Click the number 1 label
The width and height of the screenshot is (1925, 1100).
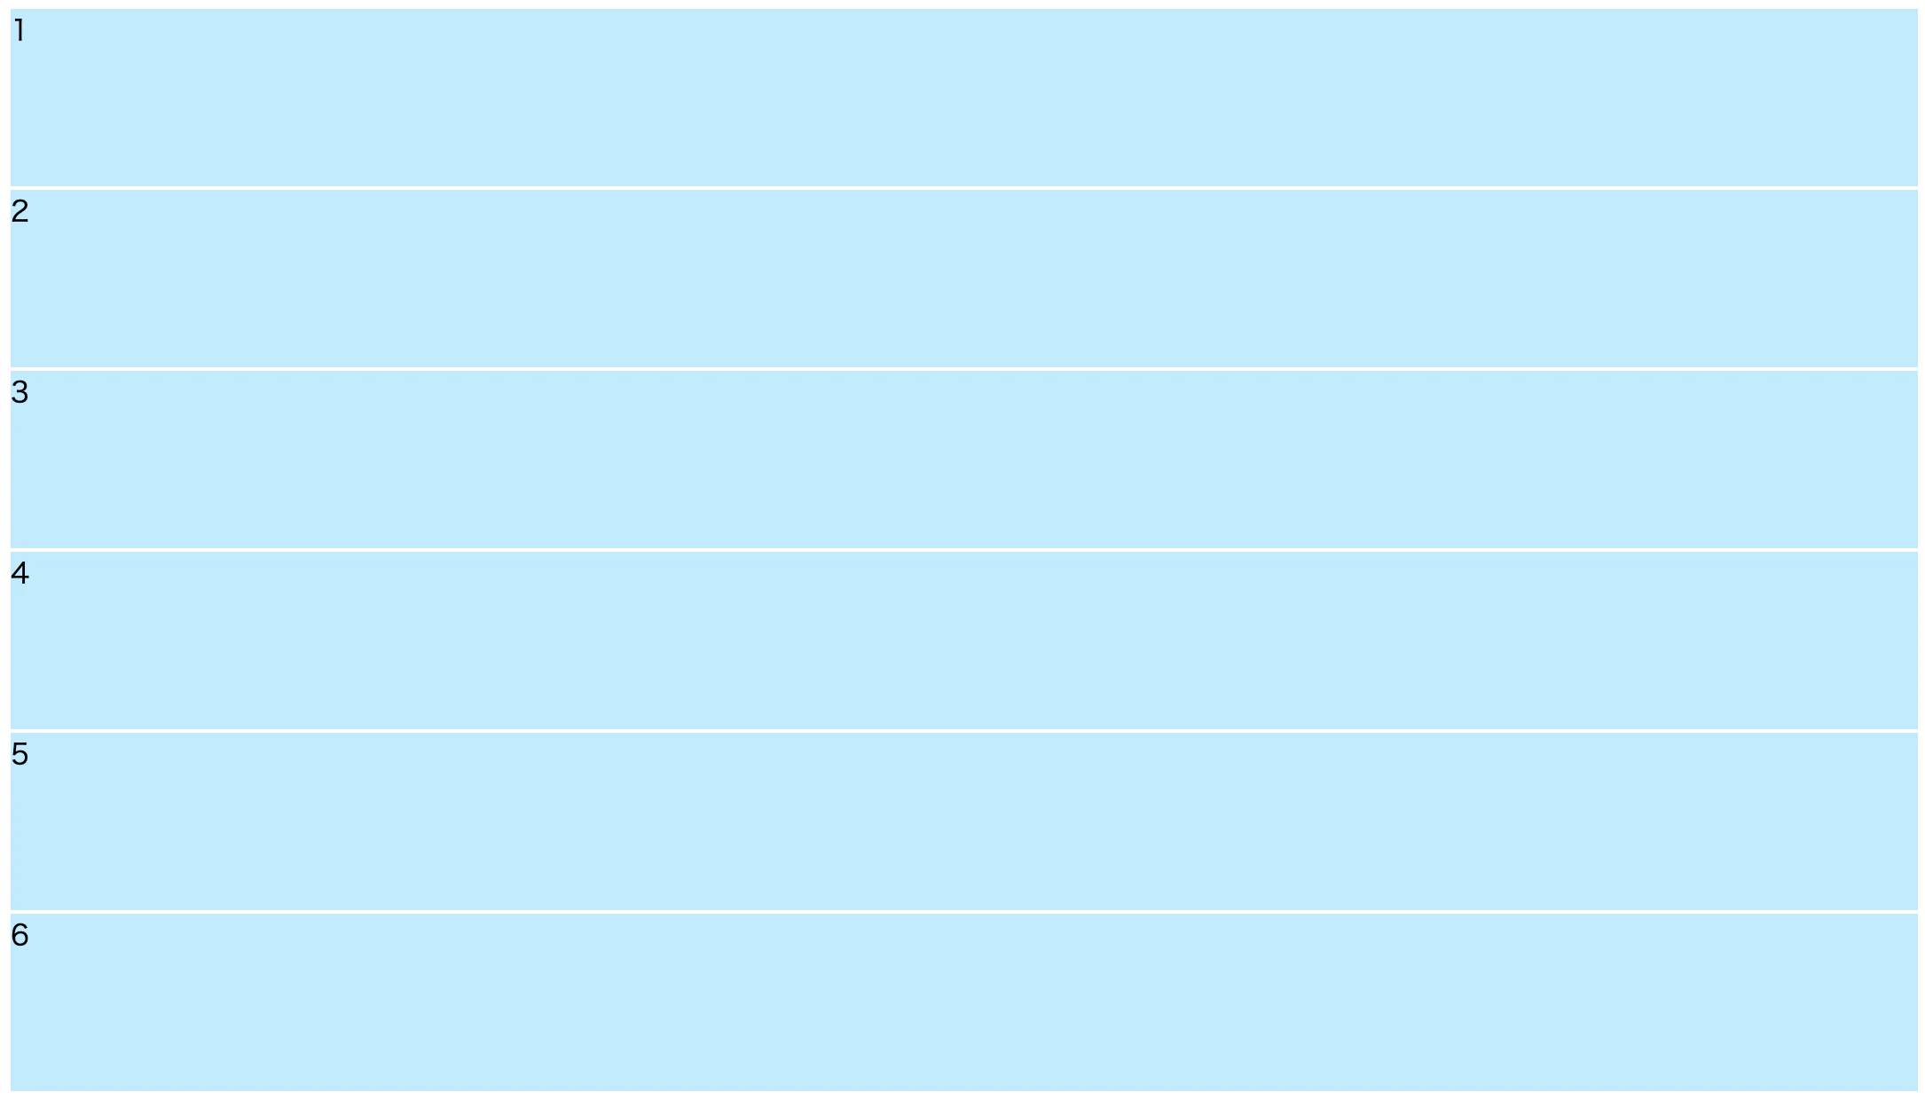(20, 31)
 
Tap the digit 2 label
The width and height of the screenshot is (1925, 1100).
(20, 211)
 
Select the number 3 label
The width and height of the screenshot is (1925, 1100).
(20, 392)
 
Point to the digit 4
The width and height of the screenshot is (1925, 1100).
(20, 573)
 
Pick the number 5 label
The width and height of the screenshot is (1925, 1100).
(20, 754)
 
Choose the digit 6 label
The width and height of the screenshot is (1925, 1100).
(20, 935)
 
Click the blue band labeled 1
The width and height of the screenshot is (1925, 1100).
(963, 98)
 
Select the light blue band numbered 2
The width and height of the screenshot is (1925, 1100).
(963, 279)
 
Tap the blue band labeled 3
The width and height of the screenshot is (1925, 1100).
(963, 460)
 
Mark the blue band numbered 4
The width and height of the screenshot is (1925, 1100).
(963, 640)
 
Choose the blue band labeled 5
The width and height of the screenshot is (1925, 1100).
(963, 821)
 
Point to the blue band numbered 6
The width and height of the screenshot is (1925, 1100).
(963, 1002)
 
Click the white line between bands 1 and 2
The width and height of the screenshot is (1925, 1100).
(963, 188)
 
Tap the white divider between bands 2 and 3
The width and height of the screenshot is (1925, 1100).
(963, 369)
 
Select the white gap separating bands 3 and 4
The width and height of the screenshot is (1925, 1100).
(963, 550)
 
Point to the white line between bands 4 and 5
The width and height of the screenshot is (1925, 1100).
(963, 731)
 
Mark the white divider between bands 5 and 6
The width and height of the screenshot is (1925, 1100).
(963, 912)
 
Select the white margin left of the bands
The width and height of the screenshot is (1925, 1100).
(5, 550)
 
